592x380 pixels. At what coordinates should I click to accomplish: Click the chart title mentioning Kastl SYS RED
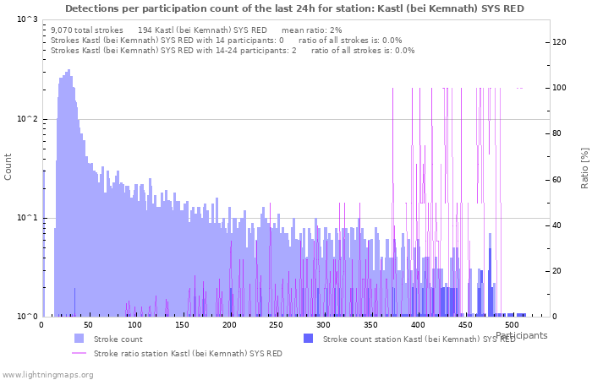(x=294, y=8)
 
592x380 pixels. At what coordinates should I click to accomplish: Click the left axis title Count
(x=8, y=166)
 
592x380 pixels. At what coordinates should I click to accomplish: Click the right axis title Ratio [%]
(x=584, y=167)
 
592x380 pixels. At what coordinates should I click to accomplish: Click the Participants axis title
(x=521, y=335)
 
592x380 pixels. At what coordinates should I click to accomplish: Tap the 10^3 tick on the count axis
(x=27, y=19)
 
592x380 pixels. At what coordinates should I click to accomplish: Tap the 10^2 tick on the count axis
(x=27, y=119)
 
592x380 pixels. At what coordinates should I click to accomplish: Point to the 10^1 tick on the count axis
(x=27, y=218)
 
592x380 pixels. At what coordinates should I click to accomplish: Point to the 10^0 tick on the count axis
(x=27, y=317)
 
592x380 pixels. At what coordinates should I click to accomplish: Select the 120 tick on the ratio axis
(x=559, y=42)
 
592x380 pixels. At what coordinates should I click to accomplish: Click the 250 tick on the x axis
(x=276, y=325)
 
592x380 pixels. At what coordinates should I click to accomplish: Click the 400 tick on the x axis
(x=418, y=325)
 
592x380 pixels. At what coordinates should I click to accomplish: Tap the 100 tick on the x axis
(x=135, y=325)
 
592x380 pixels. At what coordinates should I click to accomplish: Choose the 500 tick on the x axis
(x=512, y=325)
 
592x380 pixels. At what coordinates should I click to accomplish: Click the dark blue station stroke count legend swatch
(x=308, y=339)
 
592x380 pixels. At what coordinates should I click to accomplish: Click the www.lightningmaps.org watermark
(x=47, y=374)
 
